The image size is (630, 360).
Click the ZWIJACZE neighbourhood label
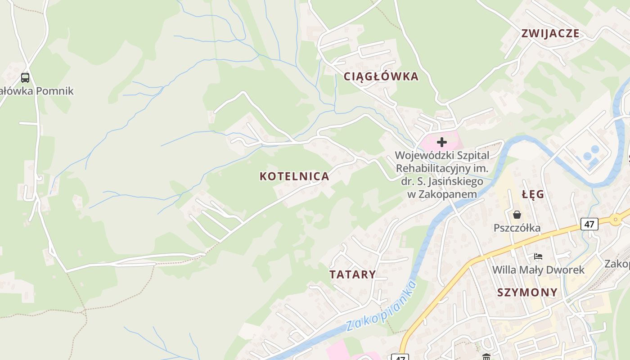click(x=550, y=33)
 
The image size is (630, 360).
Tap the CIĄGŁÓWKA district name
click(x=381, y=76)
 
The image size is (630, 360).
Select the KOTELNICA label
click(x=294, y=176)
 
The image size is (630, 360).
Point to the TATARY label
click(x=352, y=274)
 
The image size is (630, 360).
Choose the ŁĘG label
click(x=533, y=195)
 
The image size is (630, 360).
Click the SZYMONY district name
click(x=527, y=292)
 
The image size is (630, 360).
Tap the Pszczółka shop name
click(x=517, y=228)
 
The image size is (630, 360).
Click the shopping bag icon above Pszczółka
click(x=517, y=215)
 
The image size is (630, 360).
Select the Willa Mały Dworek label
click(x=538, y=270)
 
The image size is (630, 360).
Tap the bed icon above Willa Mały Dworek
click(x=538, y=256)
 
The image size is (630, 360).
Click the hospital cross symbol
click(x=442, y=142)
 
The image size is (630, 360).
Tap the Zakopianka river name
click(x=382, y=306)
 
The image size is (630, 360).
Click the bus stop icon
click(x=25, y=77)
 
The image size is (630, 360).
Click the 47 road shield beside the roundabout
click(x=589, y=224)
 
